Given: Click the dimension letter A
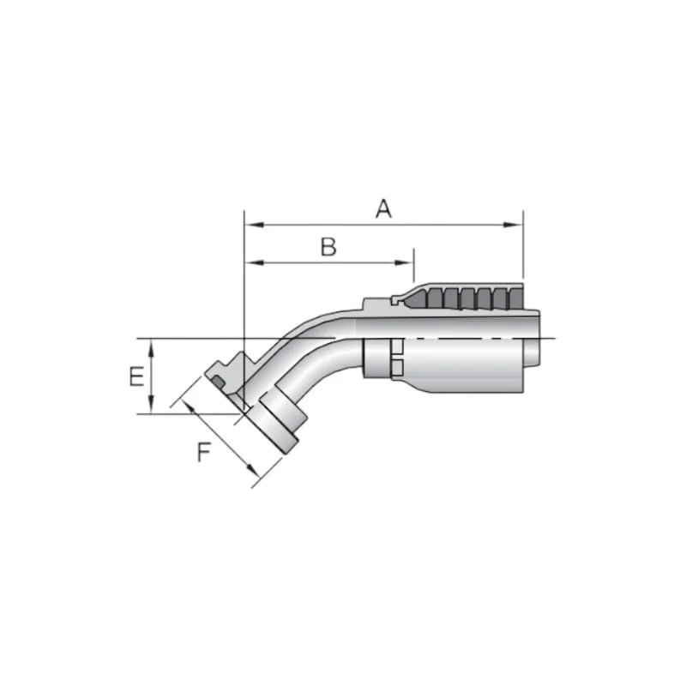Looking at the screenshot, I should pos(383,208).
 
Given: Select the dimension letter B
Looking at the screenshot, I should pos(328,247).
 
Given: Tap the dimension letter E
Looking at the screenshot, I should pos(135,376).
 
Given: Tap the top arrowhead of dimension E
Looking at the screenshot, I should pos(151,345).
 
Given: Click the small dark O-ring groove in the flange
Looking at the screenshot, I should pos(221,378).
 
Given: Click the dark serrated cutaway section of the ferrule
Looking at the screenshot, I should pos(463,298).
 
